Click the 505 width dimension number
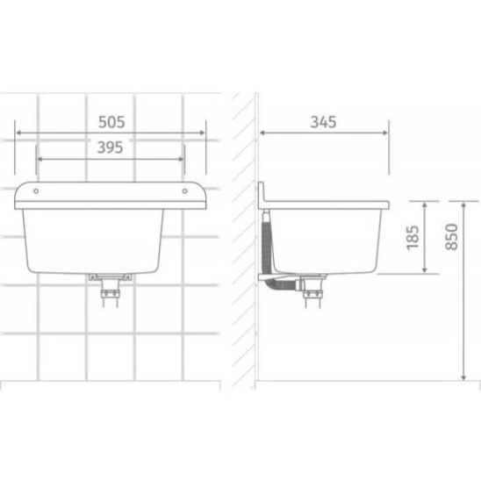point(111,122)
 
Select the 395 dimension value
point(110,147)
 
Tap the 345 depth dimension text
point(323,122)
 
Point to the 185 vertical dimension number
point(413,238)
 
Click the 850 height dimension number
point(451,237)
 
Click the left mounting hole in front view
point(36,191)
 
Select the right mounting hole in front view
point(184,191)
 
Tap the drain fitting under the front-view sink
point(110,290)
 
